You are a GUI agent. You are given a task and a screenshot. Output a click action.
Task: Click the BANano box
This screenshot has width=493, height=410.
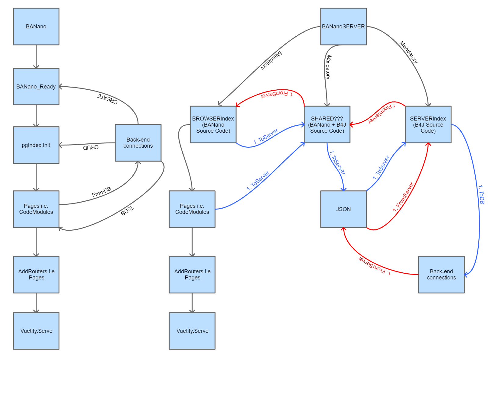tap(36, 27)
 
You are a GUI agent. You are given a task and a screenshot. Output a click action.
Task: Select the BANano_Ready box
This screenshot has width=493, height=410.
tap(36, 87)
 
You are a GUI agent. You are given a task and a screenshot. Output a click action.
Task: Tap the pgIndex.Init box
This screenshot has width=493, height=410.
tap(36, 145)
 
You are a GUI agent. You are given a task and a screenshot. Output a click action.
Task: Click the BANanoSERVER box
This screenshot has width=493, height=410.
tap(343, 27)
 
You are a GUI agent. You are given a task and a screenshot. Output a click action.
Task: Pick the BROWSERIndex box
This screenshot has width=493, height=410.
tap(213, 124)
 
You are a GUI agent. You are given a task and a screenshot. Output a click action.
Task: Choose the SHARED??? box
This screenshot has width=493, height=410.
tap(327, 124)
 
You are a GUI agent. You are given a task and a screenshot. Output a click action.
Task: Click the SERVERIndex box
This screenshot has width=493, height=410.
tap(428, 124)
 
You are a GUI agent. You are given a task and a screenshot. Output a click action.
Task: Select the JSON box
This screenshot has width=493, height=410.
tap(343, 209)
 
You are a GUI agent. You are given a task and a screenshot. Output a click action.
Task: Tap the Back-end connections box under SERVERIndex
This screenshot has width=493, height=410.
tap(441, 275)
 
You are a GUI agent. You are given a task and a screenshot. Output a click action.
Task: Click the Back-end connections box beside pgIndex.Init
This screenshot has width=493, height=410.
tap(138, 143)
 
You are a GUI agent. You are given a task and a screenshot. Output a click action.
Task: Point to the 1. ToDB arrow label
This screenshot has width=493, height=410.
tap(481, 194)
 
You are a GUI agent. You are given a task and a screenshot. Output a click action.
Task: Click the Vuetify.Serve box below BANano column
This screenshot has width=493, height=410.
tap(36, 331)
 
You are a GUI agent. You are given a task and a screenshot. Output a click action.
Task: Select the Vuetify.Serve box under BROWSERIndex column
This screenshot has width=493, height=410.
tap(192, 331)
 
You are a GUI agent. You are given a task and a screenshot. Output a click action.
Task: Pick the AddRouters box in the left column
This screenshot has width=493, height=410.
tap(36, 275)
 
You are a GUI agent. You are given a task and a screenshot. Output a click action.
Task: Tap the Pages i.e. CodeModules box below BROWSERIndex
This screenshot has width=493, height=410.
tap(192, 209)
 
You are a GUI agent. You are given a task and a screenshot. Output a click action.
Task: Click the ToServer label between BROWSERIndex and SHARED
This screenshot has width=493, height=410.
tap(266, 136)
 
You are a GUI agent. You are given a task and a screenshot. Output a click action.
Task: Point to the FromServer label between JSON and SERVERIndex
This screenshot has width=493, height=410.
tap(403, 197)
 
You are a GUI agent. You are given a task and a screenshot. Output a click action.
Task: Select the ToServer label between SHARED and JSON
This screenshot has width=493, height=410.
tap(338, 162)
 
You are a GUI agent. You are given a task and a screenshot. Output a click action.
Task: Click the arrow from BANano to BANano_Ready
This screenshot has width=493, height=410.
tap(36, 56)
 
